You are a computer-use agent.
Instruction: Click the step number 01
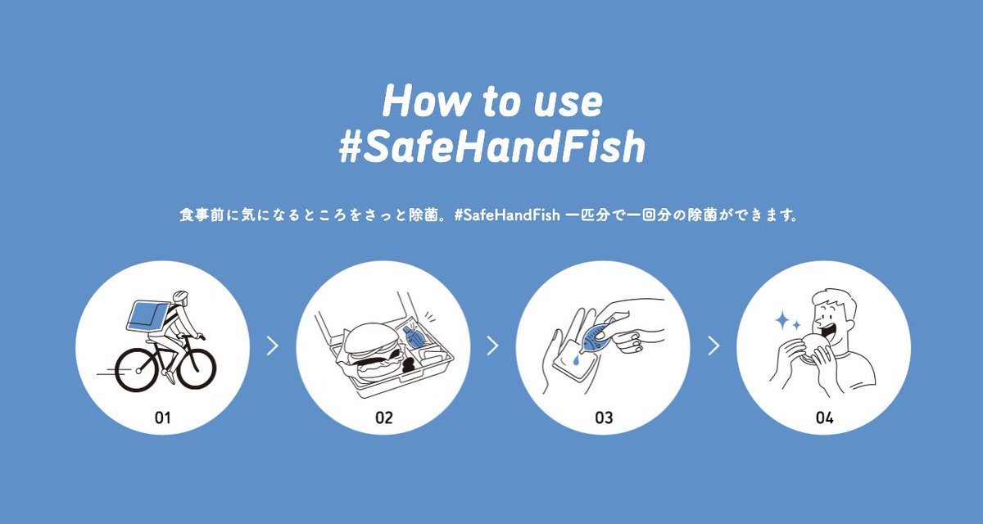(x=162, y=418)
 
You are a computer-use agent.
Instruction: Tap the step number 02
(x=383, y=418)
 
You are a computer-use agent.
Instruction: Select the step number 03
(x=604, y=418)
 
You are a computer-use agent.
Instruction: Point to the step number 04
(x=824, y=418)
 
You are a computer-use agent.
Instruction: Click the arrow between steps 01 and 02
(x=273, y=346)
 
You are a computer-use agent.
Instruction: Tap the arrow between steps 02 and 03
(x=493, y=346)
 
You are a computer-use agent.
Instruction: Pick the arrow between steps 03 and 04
(x=713, y=346)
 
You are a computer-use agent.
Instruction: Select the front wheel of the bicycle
(x=197, y=369)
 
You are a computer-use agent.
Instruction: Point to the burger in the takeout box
(x=372, y=353)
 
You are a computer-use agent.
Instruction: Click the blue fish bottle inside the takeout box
(x=413, y=338)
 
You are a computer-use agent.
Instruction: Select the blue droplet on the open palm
(x=576, y=360)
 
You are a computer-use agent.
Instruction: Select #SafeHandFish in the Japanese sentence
(x=507, y=215)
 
